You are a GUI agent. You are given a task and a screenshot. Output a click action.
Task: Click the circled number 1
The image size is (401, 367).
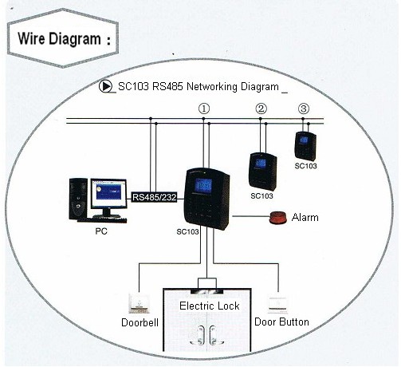click(x=204, y=109)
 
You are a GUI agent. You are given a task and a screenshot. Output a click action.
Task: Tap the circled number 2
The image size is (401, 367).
click(x=261, y=109)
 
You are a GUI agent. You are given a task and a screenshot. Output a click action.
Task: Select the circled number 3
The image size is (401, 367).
click(x=304, y=109)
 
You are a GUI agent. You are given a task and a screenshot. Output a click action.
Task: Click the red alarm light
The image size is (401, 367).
click(x=278, y=217)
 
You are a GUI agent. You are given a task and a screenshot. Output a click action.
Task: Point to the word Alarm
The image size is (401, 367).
click(x=305, y=218)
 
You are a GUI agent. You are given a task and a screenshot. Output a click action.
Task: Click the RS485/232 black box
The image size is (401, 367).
click(x=155, y=197)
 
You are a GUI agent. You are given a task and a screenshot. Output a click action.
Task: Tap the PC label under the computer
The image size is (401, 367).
click(x=101, y=231)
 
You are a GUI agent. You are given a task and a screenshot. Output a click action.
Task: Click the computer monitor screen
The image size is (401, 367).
click(x=108, y=193)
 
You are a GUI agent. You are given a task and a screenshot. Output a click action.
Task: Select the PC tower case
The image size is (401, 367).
click(x=78, y=199)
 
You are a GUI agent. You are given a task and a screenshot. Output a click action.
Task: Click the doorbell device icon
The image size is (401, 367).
click(x=139, y=303)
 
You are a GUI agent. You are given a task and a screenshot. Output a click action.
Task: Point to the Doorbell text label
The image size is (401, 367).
click(x=140, y=322)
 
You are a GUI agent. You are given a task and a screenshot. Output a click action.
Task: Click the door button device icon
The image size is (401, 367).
click(x=278, y=305)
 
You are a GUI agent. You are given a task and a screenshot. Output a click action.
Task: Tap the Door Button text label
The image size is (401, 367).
click(x=281, y=322)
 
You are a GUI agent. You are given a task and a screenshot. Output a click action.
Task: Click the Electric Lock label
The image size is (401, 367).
click(x=210, y=306)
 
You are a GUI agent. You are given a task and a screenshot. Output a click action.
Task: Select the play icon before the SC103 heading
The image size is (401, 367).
click(x=105, y=86)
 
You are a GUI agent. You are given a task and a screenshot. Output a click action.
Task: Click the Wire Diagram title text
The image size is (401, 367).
click(x=60, y=38)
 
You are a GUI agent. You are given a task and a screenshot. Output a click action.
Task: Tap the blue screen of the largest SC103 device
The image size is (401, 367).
click(x=203, y=186)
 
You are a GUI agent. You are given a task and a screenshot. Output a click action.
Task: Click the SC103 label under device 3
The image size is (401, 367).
click(x=305, y=166)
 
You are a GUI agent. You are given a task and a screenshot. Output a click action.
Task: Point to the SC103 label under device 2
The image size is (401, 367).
click(x=261, y=196)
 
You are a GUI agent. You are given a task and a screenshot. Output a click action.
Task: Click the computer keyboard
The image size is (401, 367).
click(x=102, y=220)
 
